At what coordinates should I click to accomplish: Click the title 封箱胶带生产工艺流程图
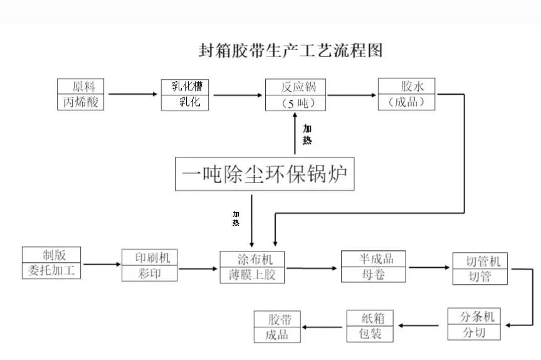(290, 50)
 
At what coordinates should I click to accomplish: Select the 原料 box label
(80, 87)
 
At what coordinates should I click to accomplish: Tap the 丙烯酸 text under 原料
(80, 102)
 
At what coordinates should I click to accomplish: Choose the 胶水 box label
(407, 87)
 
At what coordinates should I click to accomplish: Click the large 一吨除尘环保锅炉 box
(265, 174)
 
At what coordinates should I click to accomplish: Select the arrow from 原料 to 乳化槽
(132, 95)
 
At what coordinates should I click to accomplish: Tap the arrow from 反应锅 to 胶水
(352, 95)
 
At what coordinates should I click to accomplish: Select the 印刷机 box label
(149, 257)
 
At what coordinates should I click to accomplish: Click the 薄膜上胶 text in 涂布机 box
(252, 274)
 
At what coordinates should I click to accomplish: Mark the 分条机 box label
(475, 317)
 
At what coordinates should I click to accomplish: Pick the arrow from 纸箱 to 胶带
(323, 326)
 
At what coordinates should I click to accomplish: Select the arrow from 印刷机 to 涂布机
(198, 269)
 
